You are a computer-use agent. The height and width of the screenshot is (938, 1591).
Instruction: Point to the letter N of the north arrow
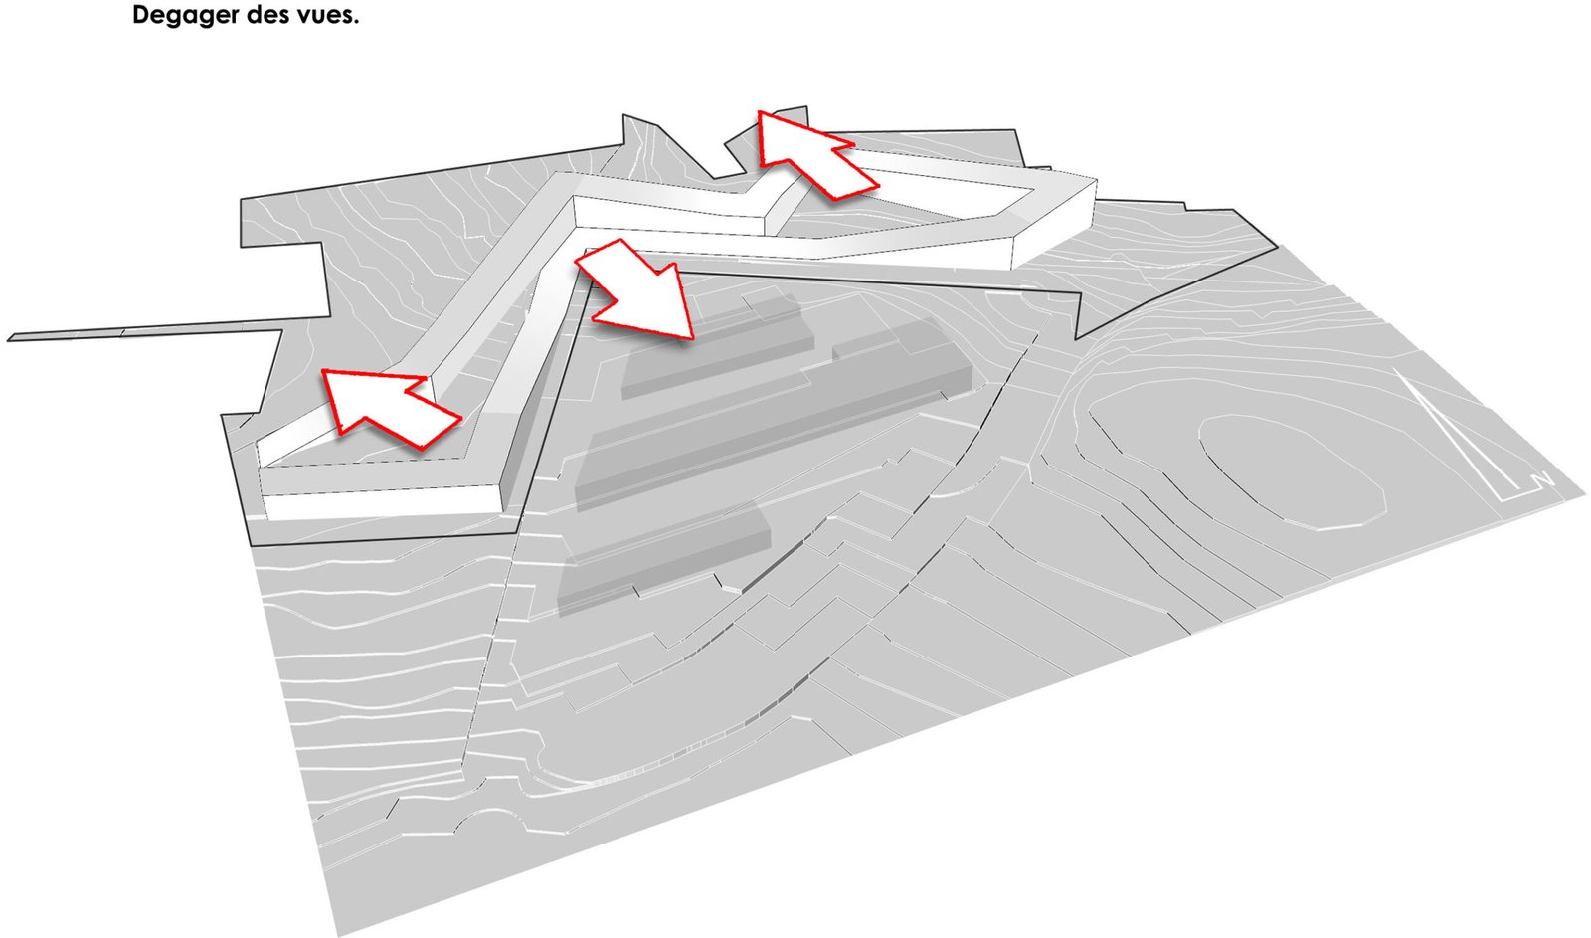1540,481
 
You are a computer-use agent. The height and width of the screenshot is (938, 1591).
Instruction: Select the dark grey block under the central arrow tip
717,348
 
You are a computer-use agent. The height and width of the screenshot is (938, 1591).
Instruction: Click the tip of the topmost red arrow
760,111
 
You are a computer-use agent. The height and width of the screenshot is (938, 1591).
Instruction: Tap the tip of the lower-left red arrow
323,370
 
